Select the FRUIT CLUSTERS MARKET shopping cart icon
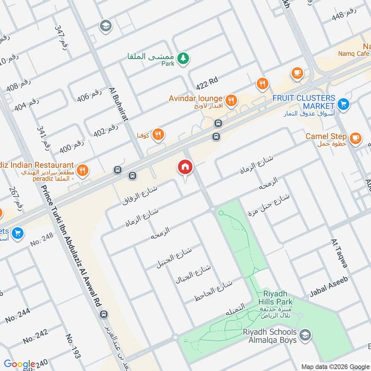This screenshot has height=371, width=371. point(343,103)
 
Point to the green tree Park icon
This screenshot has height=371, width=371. point(185,58)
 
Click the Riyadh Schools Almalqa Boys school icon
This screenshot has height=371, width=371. point(305,334)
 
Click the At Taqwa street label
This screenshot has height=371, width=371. point(339,253)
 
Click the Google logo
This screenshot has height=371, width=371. point(19,365)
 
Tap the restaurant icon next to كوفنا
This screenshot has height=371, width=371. point(158,134)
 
